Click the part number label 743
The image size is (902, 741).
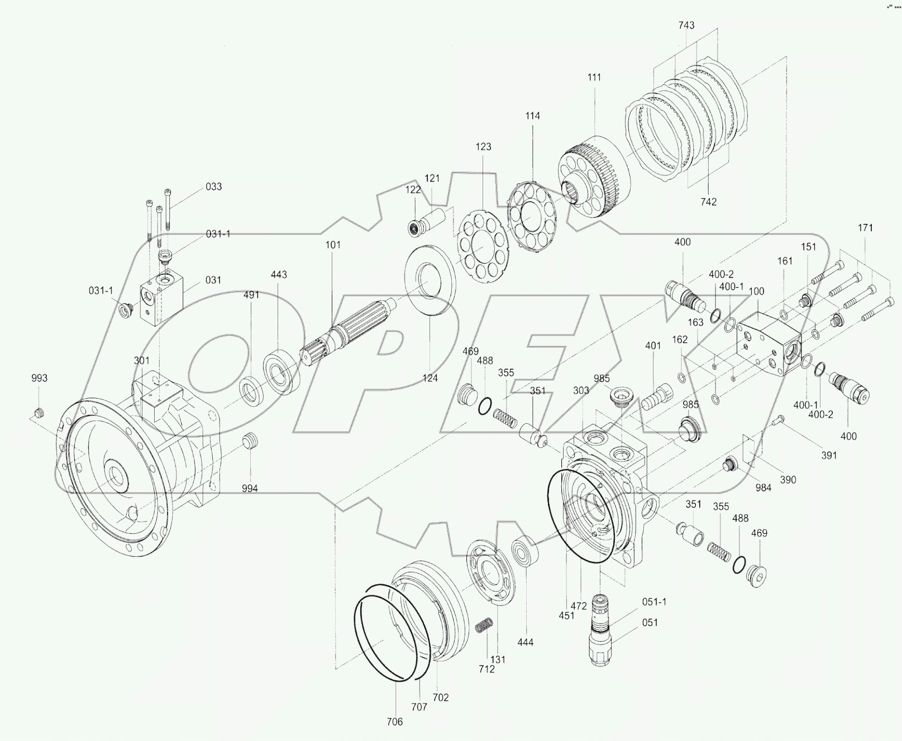(x=686, y=25)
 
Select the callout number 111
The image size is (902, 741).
(x=594, y=77)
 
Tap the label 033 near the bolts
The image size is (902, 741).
(x=213, y=187)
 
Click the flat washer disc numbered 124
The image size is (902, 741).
(x=429, y=280)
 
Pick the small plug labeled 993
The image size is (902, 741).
(x=39, y=414)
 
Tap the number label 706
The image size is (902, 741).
(x=394, y=722)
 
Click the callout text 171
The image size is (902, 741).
(x=865, y=228)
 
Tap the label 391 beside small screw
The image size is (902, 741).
(x=829, y=456)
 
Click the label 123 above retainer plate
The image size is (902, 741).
(x=483, y=147)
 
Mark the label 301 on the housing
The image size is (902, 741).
(x=141, y=361)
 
